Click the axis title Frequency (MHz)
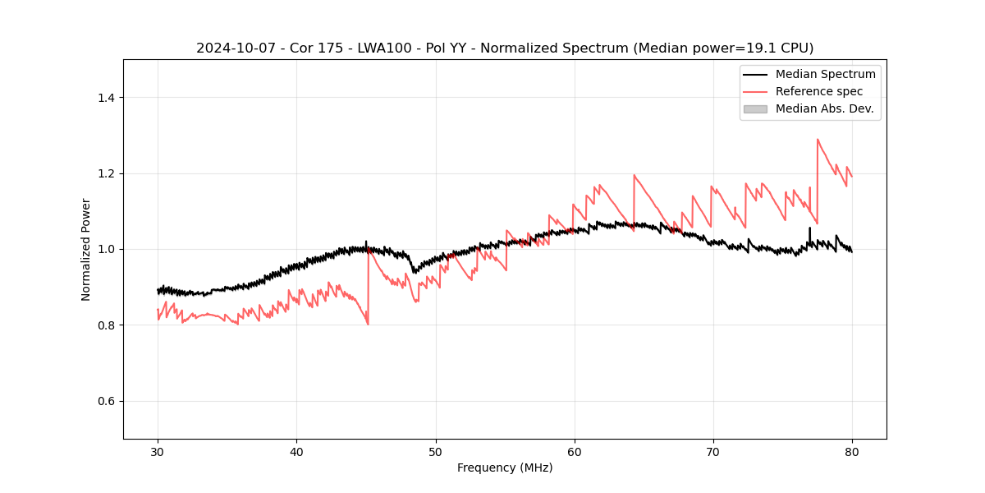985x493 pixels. (505, 468)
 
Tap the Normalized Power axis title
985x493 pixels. (86, 249)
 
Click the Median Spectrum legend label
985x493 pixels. (825, 74)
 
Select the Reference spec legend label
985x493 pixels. (819, 91)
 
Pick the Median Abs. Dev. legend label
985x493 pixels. (824, 108)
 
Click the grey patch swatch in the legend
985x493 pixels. (755, 108)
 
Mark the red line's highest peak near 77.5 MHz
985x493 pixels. (818, 140)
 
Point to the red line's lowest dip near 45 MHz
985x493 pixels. (368, 324)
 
